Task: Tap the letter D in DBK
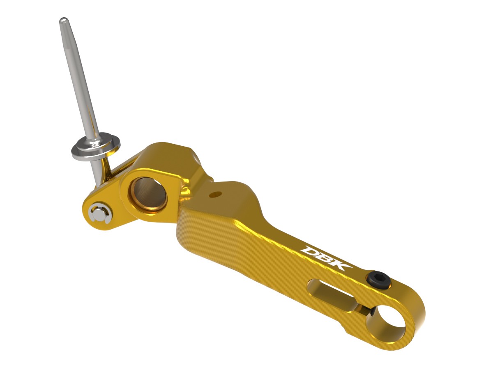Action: (310, 250)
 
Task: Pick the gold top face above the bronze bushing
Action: (164, 160)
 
